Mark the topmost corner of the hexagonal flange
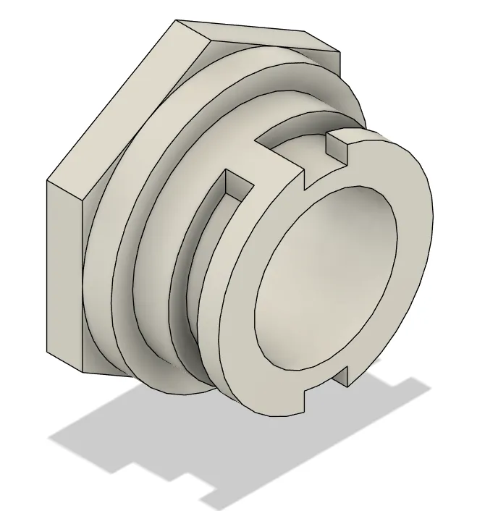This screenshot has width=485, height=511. [x=176, y=20]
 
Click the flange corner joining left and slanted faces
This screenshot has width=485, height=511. [x=48, y=179]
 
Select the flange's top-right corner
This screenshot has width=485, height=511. [x=340, y=53]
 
